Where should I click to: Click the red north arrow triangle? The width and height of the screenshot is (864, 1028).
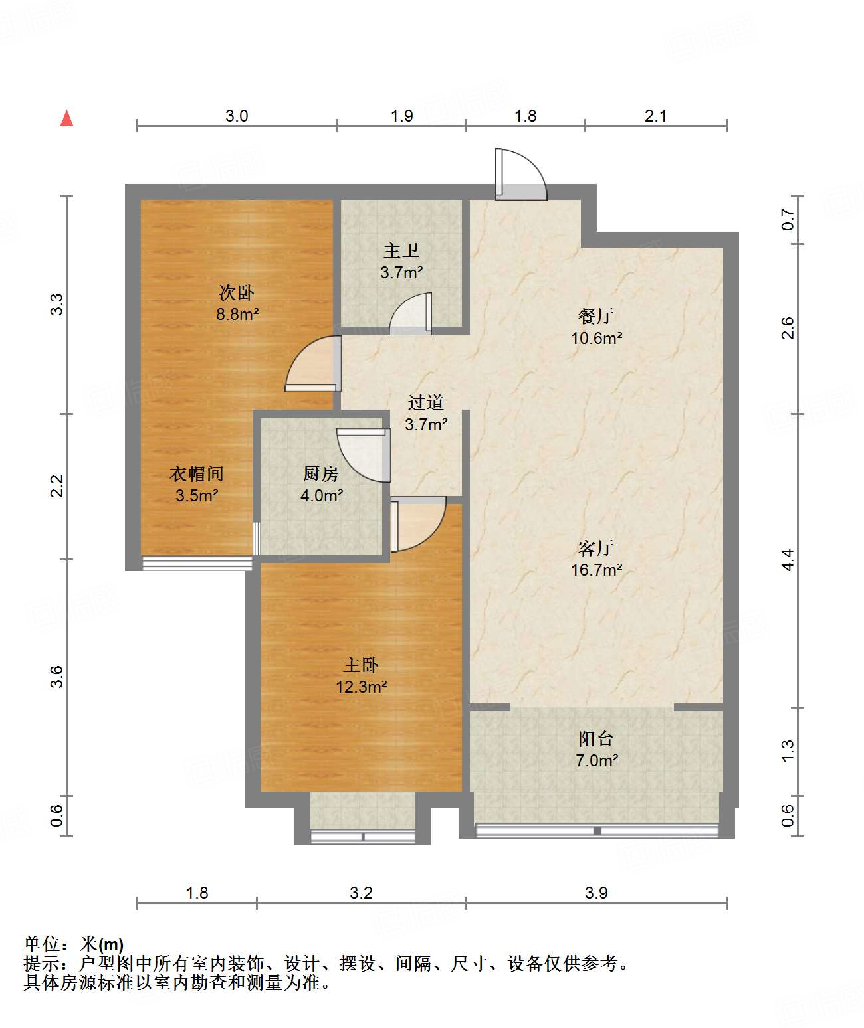pyautogui.click(x=66, y=118)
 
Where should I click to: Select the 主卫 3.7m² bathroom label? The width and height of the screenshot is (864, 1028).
pyautogui.click(x=401, y=262)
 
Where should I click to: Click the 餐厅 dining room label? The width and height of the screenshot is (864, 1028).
pyautogui.click(x=596, y=316)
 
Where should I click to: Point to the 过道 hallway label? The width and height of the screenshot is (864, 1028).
pyautogui.click(x=426, y=402)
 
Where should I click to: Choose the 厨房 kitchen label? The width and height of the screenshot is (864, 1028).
pyautogui.click(x=321, y=473)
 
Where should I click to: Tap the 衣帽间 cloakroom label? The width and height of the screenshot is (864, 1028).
pyautogui.click(x=197, y=473)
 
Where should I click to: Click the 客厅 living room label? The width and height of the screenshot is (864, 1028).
pyautogui.click(x=596, y=548)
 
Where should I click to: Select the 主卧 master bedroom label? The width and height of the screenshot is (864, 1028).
pyautogui.click(x=361, y=665)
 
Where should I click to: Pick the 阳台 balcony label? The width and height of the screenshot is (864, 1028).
pyautogui.click(x=596, y=738)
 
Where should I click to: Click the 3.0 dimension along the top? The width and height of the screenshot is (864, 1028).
pyautogui.click(x=237, y=116)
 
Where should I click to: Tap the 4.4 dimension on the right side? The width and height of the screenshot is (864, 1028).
pyautogui.click(x=788, y=560)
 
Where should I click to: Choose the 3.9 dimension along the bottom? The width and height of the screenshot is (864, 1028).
pyautogui.click(x=596, y=892)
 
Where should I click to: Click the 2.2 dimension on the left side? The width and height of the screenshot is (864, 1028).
pyautogui.click(x=57, y=486)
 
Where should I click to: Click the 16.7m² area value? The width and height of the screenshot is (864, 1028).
pyautogui.click(x=596, y=570)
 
